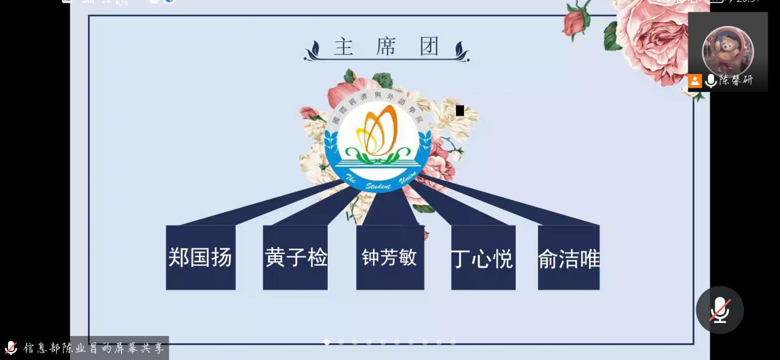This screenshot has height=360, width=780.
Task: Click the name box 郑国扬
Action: [x=200, y=257]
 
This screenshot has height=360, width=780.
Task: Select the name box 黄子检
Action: [x=295, y=257]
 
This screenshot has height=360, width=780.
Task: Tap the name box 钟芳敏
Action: [x=390, y=257]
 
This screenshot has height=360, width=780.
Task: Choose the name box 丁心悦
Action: [x=483, y=257]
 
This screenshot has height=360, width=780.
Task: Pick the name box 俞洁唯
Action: [x=569, y=257]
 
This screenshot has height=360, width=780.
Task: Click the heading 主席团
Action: [x=386, y=47]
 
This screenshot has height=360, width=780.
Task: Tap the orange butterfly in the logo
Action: [x=377, y=130]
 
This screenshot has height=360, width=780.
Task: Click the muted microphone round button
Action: [x=720, y=309]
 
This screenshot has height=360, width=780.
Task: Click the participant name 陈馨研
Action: [x=736, y=80]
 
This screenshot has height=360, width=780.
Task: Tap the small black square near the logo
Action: [x=460, y=110]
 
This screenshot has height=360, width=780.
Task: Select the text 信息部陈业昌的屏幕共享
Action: [x=94, y=348]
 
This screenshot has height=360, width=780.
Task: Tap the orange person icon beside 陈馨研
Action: [x=695, y=81]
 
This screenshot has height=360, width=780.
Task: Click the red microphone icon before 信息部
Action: [x=10, y=348]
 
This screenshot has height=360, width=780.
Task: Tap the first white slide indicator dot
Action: [x=327, y=342]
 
